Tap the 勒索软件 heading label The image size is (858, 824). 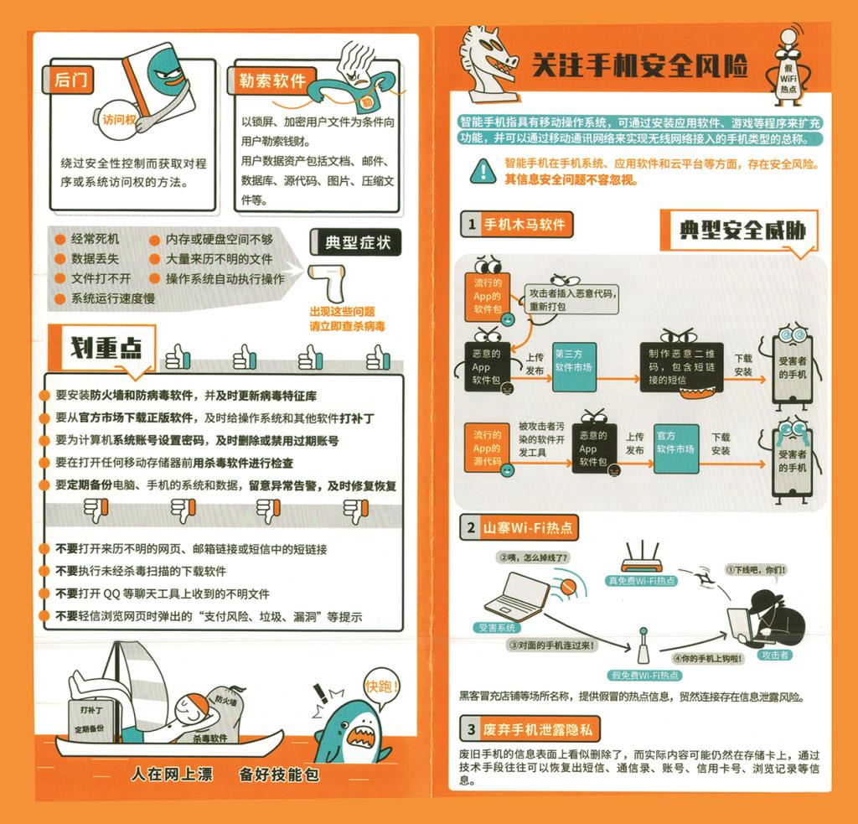click(272, 80)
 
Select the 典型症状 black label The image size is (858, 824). click(356, 242)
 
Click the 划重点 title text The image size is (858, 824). click(106, 347)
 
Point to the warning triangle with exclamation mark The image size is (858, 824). click(483, 171)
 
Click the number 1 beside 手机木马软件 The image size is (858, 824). click(471, 225)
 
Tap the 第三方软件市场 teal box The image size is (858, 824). click(573, 367)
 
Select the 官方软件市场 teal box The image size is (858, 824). click(676, 448)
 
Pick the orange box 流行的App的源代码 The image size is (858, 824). click(487, 448)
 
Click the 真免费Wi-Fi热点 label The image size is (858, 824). click(641, 580)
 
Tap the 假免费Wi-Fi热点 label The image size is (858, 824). click(645, 675)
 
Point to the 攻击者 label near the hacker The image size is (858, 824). click(775, 655)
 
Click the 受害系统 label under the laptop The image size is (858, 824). click(496, 628)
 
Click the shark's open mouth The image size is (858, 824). click(362, 738)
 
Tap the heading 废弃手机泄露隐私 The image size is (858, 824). click(537, 729)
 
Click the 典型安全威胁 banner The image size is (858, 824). click(742, 230)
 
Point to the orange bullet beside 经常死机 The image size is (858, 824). click(60, 239)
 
